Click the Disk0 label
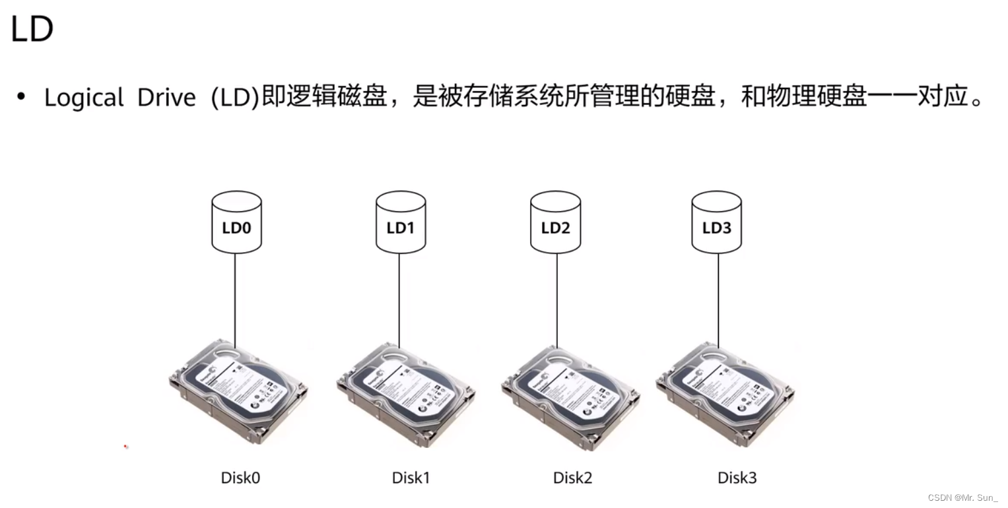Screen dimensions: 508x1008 click(x=240, y=478)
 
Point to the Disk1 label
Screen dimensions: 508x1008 click(x=411, y=478)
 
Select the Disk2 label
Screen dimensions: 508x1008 click(x=572, y=478)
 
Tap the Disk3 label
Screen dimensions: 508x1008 click(x=737, y=478)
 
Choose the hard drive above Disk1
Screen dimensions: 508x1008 click(x=406, y=394)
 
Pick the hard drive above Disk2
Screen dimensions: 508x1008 click(x=570, y=396)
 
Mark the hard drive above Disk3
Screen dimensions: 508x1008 click(x=725, y=393)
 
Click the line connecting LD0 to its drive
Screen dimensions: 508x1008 click(x=236, y=297)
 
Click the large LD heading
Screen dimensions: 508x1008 click(x=32, y=29)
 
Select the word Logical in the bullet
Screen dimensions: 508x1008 click(x=84, y=98)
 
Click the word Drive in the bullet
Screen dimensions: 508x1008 click(x=166, y=98)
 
